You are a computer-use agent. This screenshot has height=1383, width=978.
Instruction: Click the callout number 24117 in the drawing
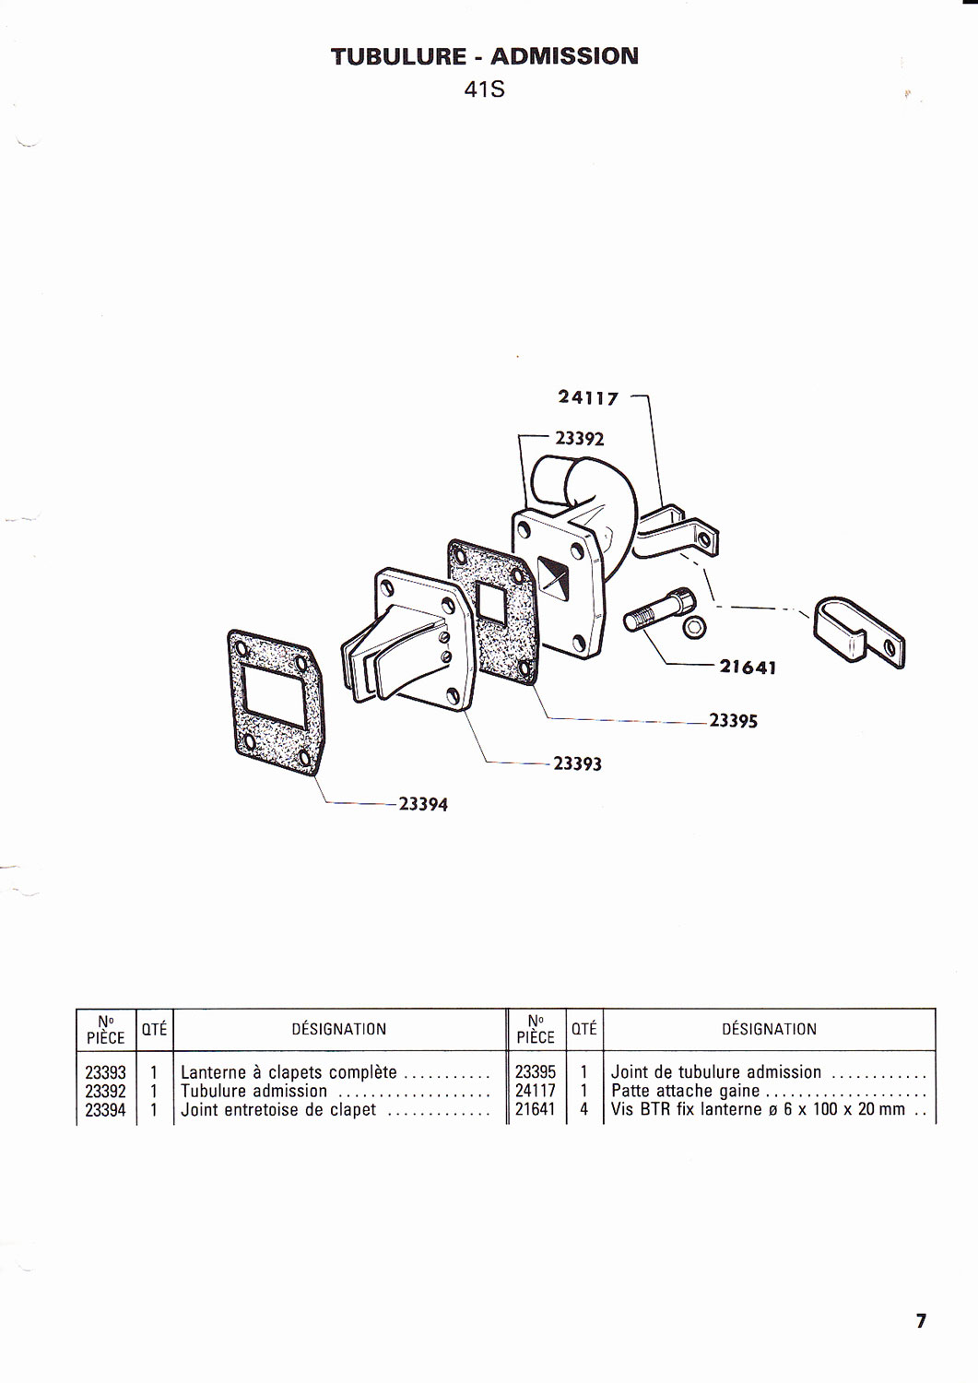coord(588,398)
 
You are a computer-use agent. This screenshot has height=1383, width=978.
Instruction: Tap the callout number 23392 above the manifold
coord(579,438)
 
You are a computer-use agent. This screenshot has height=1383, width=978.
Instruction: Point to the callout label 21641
coord(748,668)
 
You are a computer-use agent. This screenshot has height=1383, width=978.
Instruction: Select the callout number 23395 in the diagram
coord(733,721)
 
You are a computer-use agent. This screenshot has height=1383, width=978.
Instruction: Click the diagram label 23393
coord(577,764)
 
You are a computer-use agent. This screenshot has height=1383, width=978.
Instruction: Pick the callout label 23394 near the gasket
coord(423,805)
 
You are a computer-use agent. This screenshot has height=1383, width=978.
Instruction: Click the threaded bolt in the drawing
coord(658,609)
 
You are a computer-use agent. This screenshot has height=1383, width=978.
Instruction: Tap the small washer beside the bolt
coord(695,628)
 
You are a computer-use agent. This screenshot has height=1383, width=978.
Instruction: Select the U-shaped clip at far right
coord(859,632)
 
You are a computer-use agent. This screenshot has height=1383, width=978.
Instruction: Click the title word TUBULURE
coord(398,56)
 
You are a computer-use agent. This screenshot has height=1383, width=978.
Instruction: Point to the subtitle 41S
coord(484,90)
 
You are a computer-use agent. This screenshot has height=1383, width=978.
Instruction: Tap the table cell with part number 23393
coord(106,1072)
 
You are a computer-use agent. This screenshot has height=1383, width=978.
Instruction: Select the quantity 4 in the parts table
coord(584,1109)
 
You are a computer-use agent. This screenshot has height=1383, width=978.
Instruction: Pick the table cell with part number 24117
coord(536,1091)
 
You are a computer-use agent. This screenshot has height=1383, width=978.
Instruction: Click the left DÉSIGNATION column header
coord(339,1029)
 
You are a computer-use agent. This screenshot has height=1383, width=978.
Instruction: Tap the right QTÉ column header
coord(584,1029)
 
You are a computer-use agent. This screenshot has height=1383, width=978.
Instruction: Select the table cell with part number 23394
coord(106,1110)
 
